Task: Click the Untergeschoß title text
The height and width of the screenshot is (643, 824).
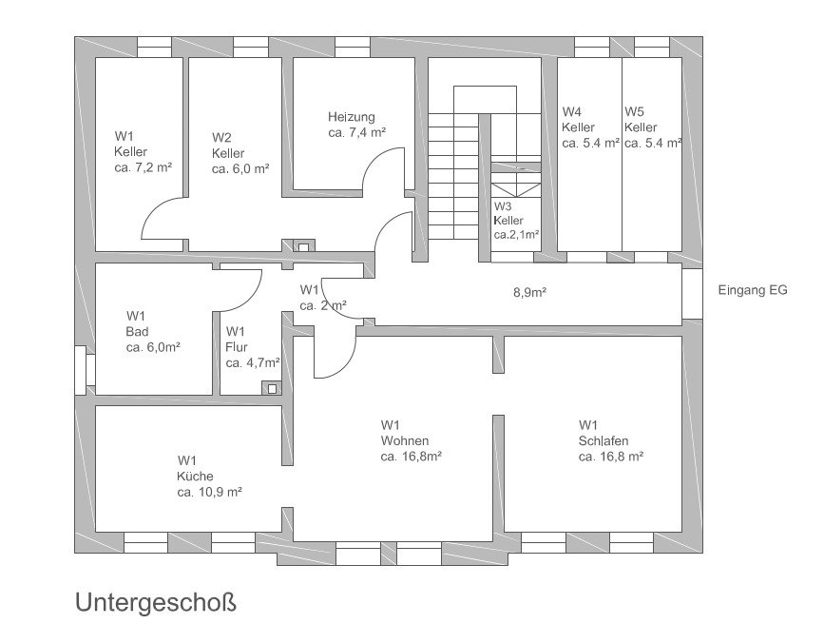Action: (x=154, y=604)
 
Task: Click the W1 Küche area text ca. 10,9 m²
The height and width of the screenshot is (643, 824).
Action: (x=210, y=493)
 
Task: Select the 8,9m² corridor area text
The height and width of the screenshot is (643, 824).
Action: (x=529, y=293)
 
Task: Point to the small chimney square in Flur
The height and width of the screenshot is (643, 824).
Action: (x=275, y=387)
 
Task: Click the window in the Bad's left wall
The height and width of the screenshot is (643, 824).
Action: (x=81, y=368)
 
